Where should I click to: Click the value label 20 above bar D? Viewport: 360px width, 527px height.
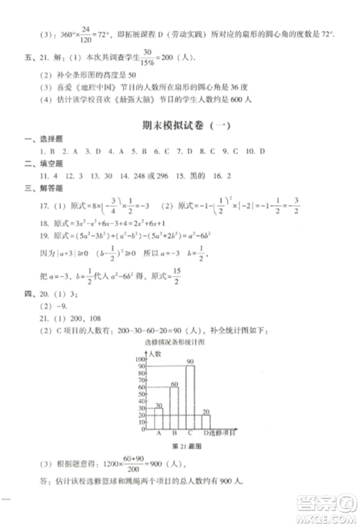coord(207,413)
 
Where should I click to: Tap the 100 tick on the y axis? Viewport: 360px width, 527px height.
coord(142,359)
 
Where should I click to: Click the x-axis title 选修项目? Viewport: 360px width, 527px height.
coord(225,432)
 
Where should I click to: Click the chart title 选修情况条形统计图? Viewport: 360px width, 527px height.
coord(179,343)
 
